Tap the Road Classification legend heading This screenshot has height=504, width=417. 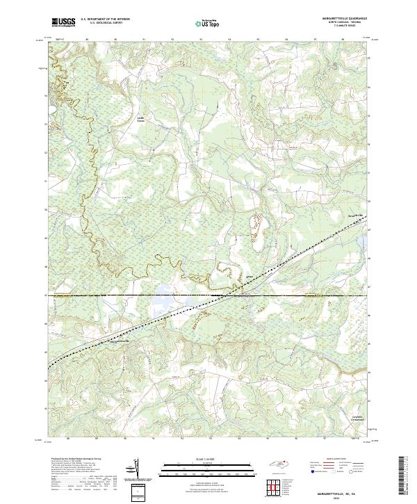[x=334, y=460]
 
